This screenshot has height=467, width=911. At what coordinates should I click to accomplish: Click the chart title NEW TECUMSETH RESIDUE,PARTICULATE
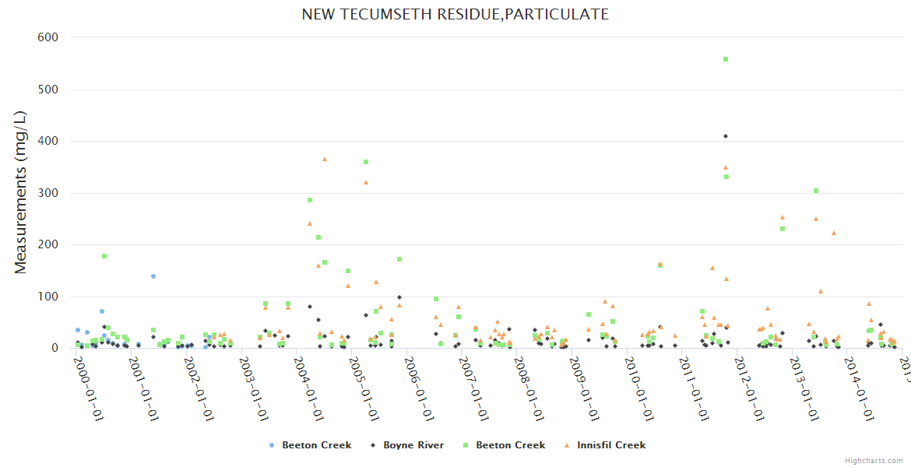[x=455, y=14]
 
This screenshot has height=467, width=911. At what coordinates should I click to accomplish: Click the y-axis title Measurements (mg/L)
[x=21, y=192]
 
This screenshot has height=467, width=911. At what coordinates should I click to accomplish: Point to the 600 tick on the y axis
[x=49, y=37]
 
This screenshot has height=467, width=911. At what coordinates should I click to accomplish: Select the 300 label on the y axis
[x=49, y=193]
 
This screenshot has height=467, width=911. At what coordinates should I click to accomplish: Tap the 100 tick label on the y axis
[x=49, y=297]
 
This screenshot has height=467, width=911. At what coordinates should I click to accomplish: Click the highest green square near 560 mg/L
[x=726, y=59]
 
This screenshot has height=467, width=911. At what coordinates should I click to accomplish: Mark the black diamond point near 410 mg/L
[x=726, y=136]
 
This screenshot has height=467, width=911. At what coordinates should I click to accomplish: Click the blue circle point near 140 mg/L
[x=153, y=276]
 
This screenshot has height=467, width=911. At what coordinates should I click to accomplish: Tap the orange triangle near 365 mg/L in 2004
[x=325, y=159]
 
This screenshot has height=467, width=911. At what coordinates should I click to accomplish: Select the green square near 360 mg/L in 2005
[x=366, y=162]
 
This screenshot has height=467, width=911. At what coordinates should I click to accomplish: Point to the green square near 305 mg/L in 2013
[x=816, y=191]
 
